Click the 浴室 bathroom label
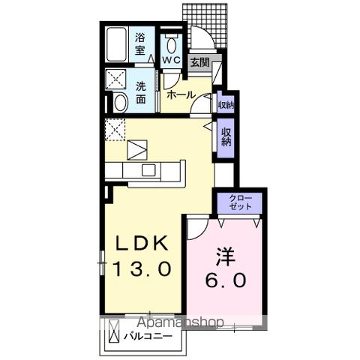coord(140,43)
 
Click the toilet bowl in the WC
coord(170,42)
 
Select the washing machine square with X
coord(117,78)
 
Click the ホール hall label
coord(181,95)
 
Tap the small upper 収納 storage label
coord(226,105)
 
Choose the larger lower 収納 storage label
coord(226,136)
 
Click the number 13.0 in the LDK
coord(143,268)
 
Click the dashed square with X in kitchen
coord(115,130)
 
